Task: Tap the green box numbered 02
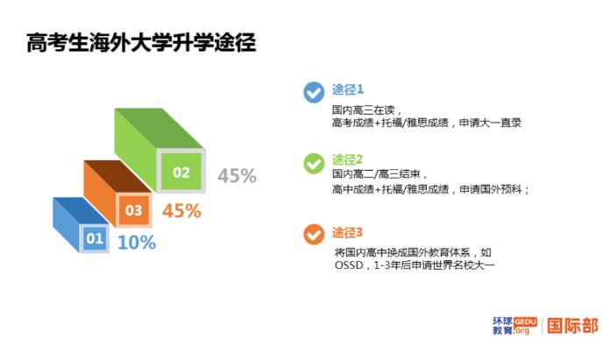tap(181, 172)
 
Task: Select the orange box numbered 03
tap(133, 210)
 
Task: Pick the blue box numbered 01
tap(95, 237)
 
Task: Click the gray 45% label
tap(237, 176)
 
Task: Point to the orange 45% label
tap(181, 211)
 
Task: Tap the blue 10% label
tap(136, 243)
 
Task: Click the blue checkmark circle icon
tap(313, 92)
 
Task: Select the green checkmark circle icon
tap(313, 163)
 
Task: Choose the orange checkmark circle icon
tap(313, 234)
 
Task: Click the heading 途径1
tap(347, 89)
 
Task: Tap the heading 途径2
tap(347, 159)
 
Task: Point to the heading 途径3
tap(347, 232)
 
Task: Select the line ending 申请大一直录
tap(427, 124)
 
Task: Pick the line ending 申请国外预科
tap(431, 189)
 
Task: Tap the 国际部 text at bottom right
tap(572, 326)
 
